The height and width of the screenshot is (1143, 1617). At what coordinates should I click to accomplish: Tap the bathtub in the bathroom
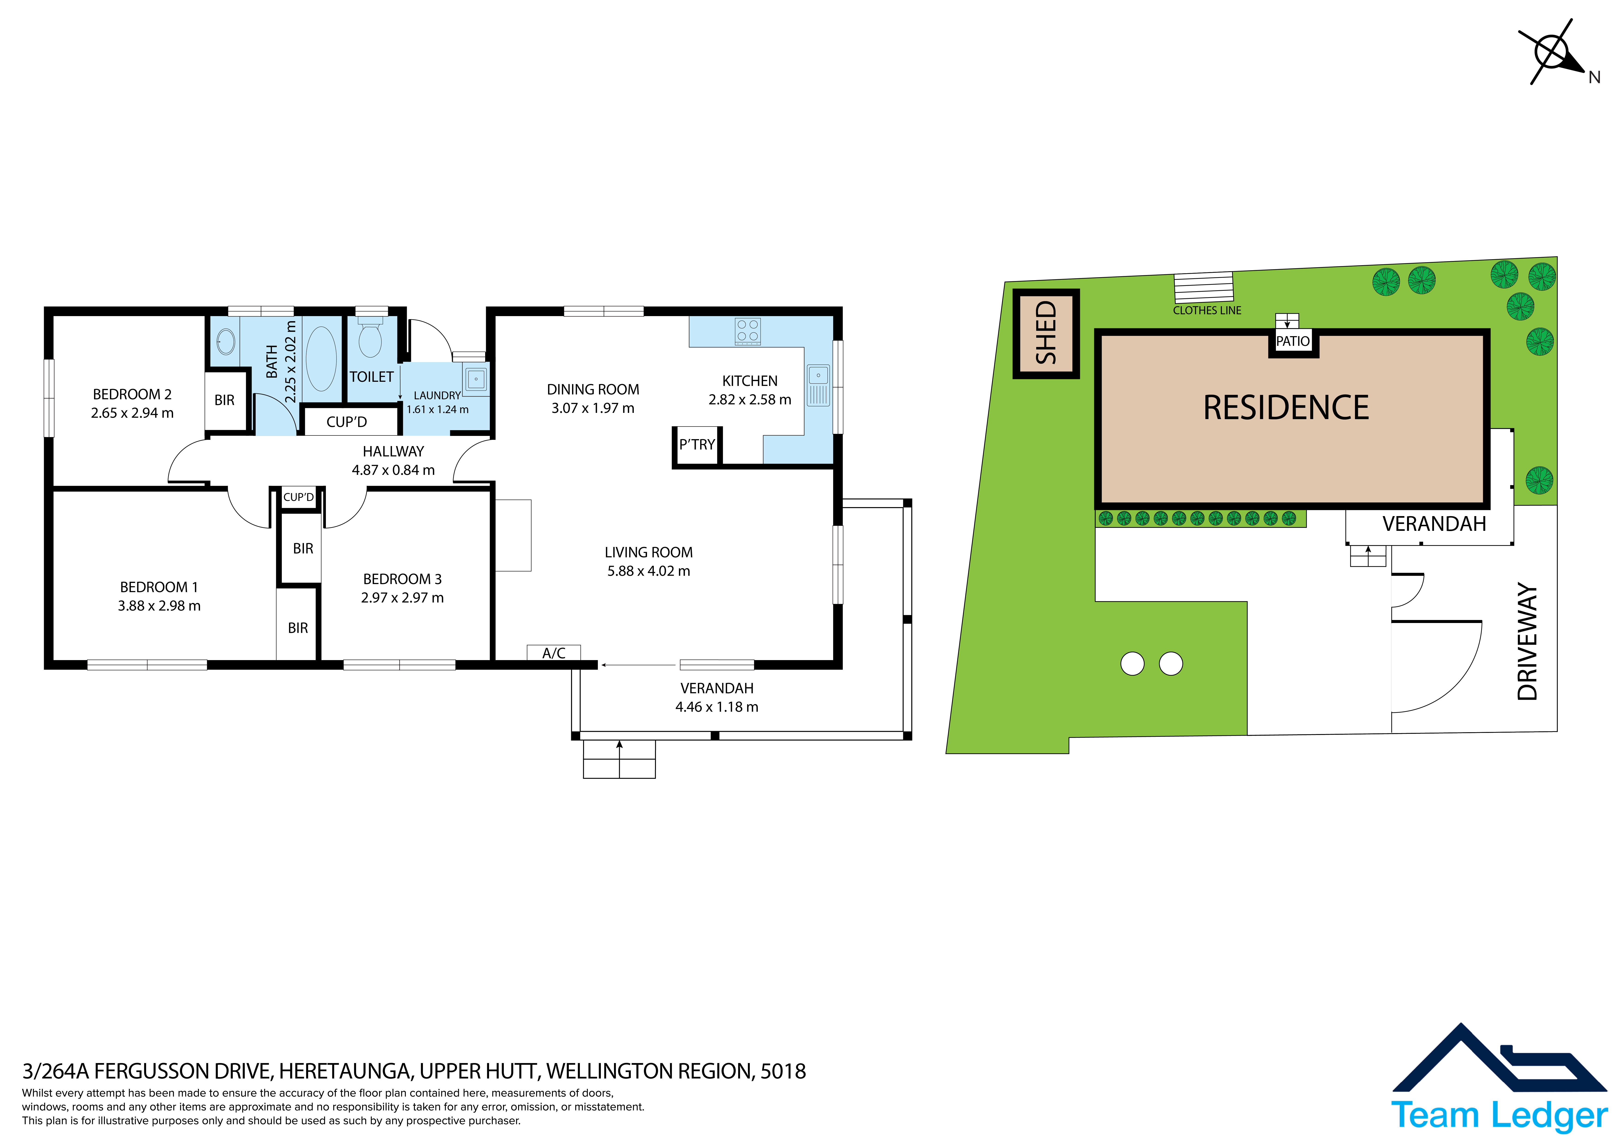pyautogui.click(x=321, y=358)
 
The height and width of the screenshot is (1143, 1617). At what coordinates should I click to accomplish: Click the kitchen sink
pyautogui.click(x=818, y=385)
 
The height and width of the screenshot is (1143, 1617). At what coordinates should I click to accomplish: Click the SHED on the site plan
pyautogui.click(x=1046, y=334)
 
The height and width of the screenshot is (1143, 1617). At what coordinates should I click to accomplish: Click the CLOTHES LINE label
pyautogui.click(x=1207, y=311)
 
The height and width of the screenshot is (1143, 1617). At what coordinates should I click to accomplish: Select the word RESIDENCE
pyautogui.click(x=1286, y=408)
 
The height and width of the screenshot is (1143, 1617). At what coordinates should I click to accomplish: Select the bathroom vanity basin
pyautogui.click(x=225, y=343)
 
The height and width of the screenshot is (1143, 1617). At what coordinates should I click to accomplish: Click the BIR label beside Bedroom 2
pyautogui.click(x=225, y=400)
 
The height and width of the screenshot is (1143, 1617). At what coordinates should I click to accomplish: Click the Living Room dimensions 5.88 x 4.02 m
pyautogui.click(x=649, y=571)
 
